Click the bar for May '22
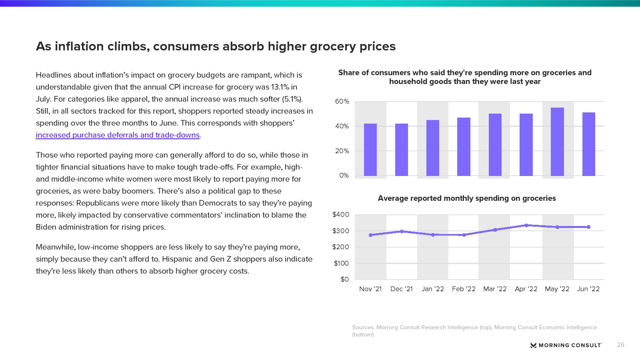coord(557,142)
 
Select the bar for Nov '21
coord(370,150)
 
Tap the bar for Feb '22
coord(464,146)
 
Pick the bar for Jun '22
coord(588,144)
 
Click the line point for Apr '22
coord(526,225)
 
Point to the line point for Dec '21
coord(402,231)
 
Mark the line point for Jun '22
coord(588,227)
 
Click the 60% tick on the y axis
coord(342,102)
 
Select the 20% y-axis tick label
coord(342,151)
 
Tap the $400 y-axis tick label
coord(341,214)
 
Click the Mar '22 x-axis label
coord(495,289)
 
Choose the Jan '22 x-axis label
coord(433,289)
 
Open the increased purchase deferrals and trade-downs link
coord(118,135)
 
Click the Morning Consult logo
coord(566,345)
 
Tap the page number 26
coord(620,345)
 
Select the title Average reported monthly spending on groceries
coord(467,198)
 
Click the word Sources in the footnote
coord(363,327)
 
